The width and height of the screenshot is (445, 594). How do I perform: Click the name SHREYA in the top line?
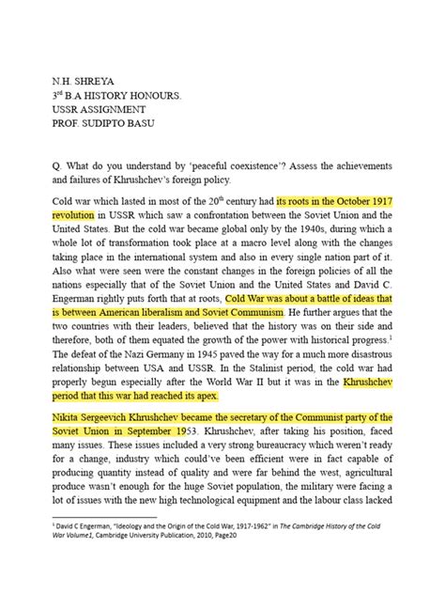pos(101,81)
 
